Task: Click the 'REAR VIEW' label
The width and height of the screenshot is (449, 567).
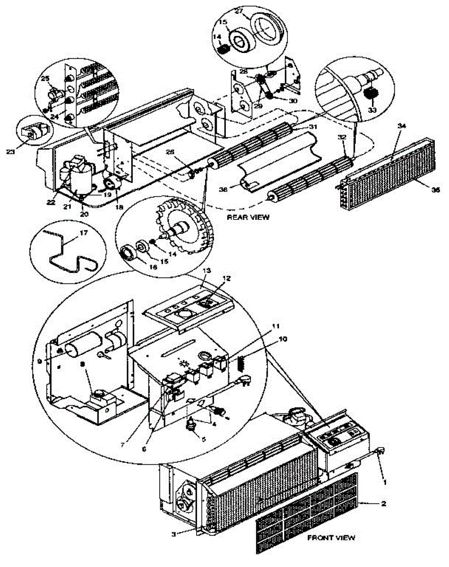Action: point(248,217)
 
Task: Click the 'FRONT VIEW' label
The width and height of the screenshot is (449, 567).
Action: point(331,538)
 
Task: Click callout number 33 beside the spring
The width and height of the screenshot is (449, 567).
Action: point(372,110)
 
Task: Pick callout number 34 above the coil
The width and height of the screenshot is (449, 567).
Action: point(401,126)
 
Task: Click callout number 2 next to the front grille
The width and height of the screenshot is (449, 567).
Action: point(384,504)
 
